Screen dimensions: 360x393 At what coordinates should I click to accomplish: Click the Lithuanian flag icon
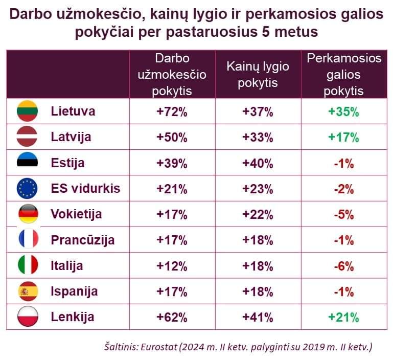(28, 111)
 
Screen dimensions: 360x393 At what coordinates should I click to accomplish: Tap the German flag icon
(28, 214)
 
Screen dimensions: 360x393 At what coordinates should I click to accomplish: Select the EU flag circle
(28, 189)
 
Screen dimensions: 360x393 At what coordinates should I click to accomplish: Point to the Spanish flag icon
(28, 291)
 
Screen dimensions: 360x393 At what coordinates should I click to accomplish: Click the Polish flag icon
(28, 317)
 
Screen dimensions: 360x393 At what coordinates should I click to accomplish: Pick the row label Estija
(67, 163)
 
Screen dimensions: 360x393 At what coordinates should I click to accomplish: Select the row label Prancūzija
(82, 240)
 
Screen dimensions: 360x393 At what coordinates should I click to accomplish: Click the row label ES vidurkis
(85, 189)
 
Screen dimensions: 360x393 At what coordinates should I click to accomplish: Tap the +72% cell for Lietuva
(172, 111)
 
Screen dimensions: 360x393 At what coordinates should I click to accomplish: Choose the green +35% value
(343, 111)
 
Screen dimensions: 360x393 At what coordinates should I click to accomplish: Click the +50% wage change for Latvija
(172, 137)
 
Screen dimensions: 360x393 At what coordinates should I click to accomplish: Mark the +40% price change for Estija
(258, 163)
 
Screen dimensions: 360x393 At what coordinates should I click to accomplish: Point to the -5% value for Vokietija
(343, 214)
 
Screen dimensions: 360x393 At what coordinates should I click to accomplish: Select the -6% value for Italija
(343, 266)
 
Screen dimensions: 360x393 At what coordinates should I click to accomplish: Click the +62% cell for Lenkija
(172, 317)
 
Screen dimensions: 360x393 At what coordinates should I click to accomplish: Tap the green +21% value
(343, 317)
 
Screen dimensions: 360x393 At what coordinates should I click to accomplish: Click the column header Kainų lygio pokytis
(258, 75)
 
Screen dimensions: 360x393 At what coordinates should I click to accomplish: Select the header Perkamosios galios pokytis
(343, 75)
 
